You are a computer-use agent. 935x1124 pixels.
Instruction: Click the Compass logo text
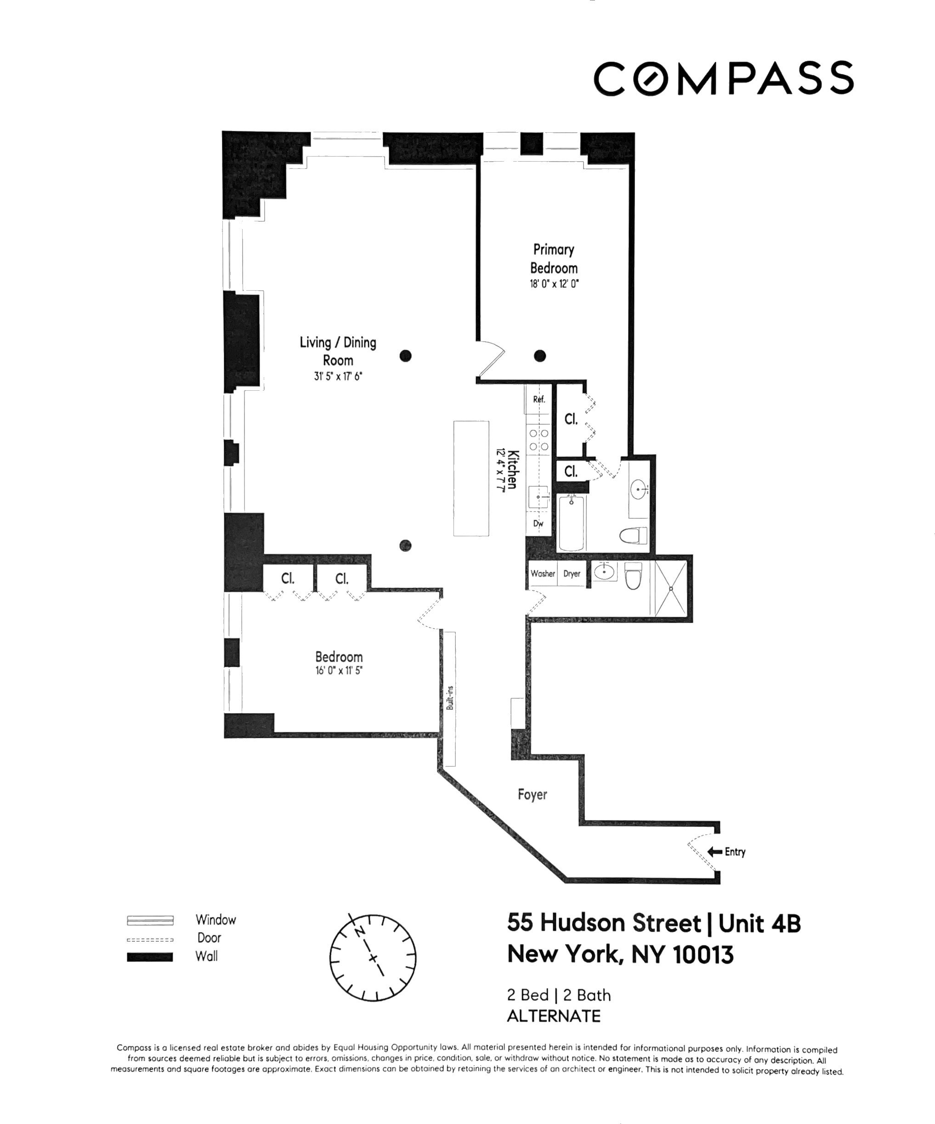(x=723, y=79)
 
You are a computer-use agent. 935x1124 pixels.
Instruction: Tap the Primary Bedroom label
(x=554, y=259)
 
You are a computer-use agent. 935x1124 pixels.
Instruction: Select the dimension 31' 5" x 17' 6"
(x=338, y=376)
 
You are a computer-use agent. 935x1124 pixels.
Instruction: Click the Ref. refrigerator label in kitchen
(x=539, y=399)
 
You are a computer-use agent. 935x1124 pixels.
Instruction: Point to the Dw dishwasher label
(x=538, y=523)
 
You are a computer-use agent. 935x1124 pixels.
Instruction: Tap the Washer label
(x=543, y=573)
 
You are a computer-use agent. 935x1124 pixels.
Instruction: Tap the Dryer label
(x=572, y=573)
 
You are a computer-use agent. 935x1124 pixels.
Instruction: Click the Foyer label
(x=533, y=794)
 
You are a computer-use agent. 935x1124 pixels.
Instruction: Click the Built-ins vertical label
(x=450, y=697)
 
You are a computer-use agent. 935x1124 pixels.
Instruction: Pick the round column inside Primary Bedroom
(x=540, y=355)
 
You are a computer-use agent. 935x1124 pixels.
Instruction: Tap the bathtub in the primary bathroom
(x=571, y=523)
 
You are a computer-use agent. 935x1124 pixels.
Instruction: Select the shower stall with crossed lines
(x=670, y=588)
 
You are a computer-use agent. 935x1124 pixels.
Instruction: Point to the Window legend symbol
(x=150, y=920)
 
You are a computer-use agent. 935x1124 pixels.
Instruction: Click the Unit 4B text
(x=759, y=923)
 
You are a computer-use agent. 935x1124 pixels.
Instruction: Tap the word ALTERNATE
(x=554, y=1016)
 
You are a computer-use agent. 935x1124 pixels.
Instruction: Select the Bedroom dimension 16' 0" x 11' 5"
(x=339, y=671)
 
